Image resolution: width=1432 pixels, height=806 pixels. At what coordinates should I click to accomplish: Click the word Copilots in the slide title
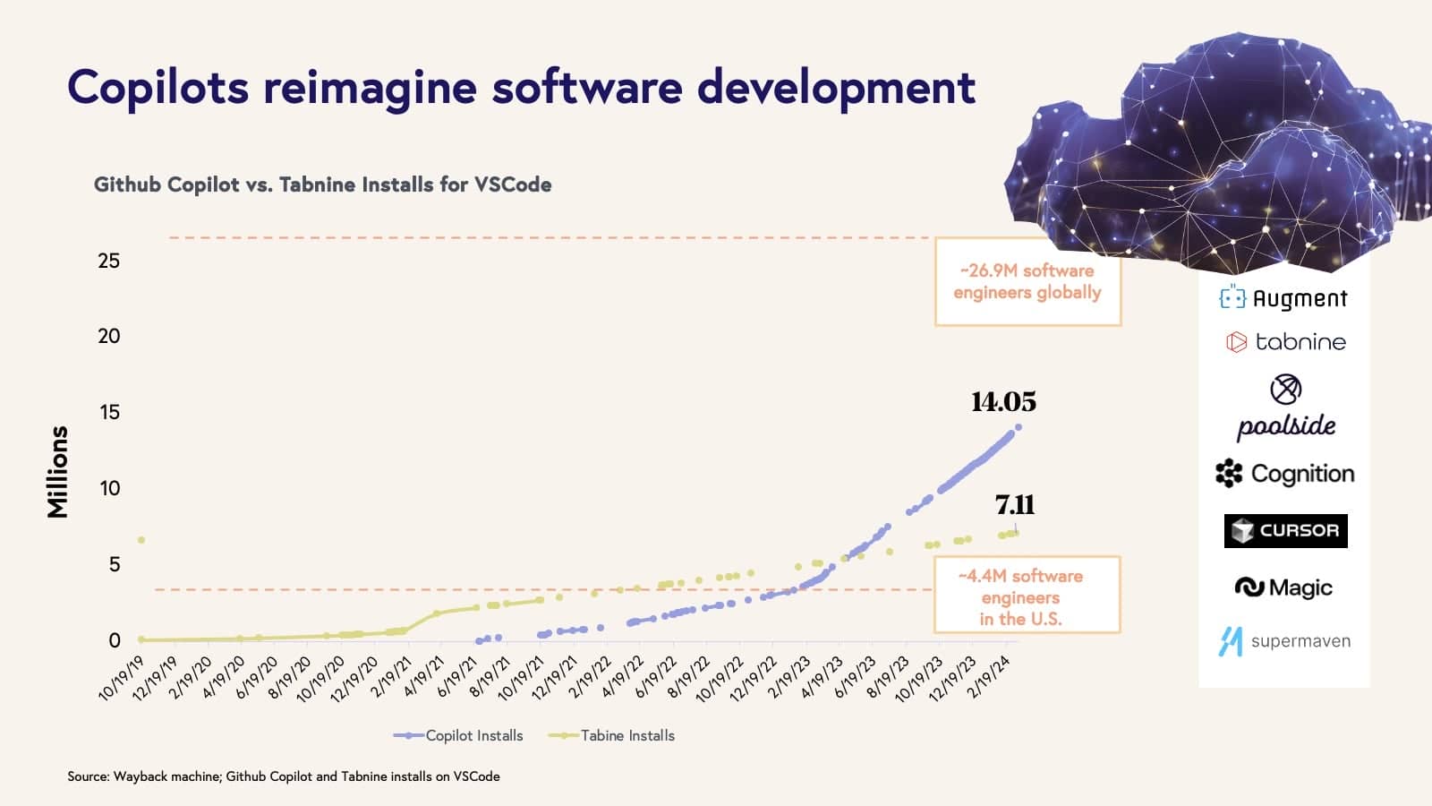pos(158,87)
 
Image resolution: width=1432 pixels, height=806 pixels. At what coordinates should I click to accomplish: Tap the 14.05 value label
pos(1003,402)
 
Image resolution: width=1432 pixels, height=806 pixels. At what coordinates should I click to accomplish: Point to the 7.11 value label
pos(1015,505)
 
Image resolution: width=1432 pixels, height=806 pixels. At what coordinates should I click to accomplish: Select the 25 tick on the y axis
pos(108,261)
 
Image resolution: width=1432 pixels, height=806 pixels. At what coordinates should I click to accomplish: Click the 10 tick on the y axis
pos(109,488)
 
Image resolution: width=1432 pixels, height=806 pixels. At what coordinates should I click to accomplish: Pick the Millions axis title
pos(57,472)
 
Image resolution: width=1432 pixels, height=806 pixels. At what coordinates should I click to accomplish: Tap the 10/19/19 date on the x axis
pos(122,678)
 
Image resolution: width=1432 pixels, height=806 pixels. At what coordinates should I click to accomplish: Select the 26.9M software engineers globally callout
pos(1027,281)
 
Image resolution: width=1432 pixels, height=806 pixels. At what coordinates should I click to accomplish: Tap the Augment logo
pos(1283,298)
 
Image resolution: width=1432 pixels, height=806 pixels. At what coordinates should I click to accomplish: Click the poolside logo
pos(1286,407)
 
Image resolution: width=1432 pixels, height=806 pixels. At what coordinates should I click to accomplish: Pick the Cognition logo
pos(1284,473)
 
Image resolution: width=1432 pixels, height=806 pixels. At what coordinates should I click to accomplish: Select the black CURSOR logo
pos(1285,530)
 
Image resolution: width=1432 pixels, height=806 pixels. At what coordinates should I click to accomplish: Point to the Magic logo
pos(1283,587)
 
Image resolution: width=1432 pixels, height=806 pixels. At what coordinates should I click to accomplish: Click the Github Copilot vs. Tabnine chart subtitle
pos(322,184)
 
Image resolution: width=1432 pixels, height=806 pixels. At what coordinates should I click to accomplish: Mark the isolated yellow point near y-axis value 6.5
pos(141,540)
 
